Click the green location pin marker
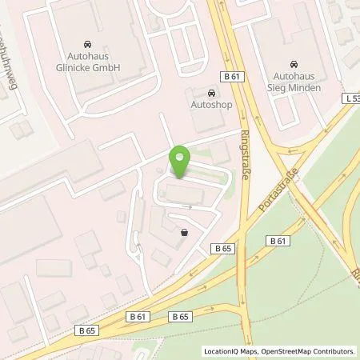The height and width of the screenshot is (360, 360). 180,160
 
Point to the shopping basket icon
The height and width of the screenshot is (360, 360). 186,233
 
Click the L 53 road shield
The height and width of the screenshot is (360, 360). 353,97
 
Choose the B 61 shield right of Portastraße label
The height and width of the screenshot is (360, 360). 278,240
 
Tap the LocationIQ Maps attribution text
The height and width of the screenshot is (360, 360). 228,350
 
